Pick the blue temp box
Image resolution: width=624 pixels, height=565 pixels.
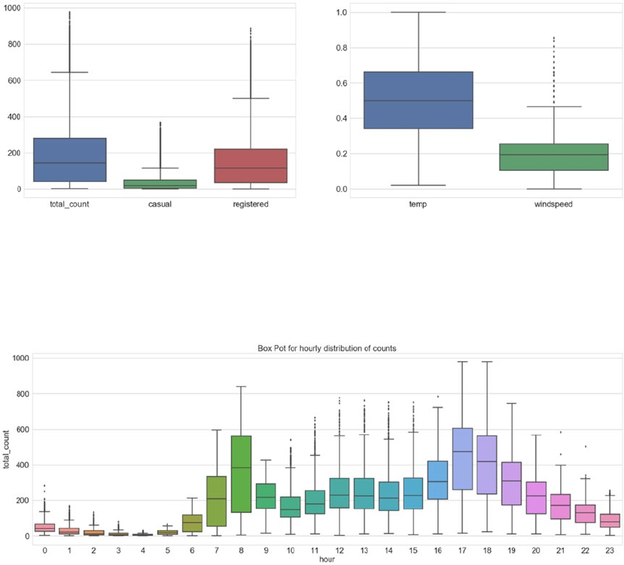point(418,100)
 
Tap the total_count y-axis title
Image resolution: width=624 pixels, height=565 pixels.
point(7,449)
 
